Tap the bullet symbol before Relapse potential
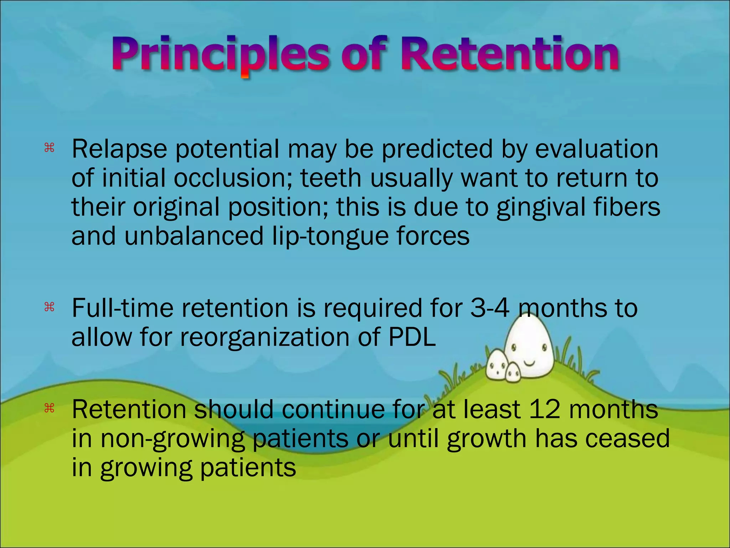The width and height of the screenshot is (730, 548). click(49, 148)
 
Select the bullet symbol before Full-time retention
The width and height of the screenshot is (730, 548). click(49, 307)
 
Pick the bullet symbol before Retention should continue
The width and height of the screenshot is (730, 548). click(49, 408)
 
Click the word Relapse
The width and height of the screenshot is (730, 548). click(119, 149)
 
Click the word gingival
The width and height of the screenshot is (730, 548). click(540, 208)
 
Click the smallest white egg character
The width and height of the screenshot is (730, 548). click(513, 372)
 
